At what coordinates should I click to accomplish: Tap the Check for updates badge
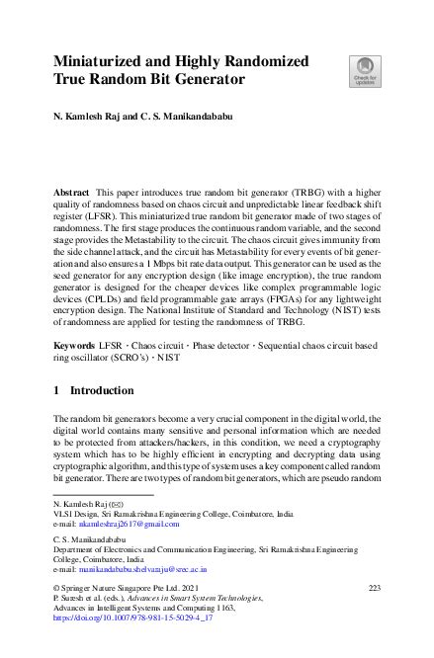[x=362, y=73]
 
